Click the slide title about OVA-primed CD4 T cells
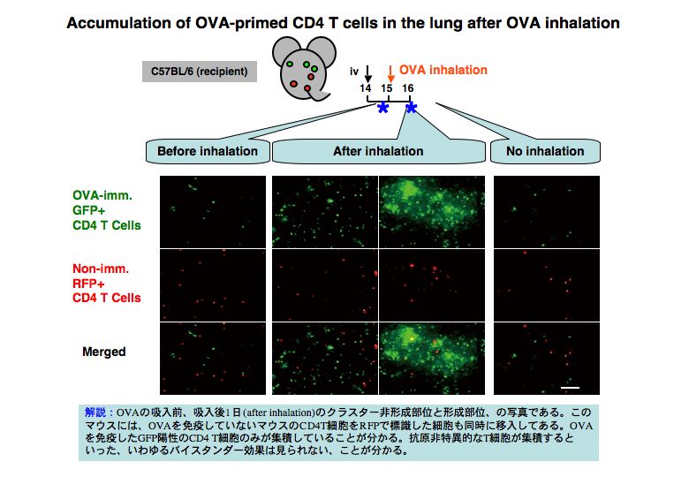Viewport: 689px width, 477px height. point(344,23)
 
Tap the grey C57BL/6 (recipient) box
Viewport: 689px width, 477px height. point(200,72)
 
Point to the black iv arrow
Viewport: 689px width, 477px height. point(368,74)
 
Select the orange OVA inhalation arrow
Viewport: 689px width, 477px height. point(390,74)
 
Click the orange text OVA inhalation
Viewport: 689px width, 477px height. point(443,70)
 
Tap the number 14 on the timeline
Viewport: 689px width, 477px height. point(365,88)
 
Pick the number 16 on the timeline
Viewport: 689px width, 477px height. point(408,88)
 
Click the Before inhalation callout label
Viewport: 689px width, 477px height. point(208,152)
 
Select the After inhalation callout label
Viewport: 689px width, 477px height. point(378,152)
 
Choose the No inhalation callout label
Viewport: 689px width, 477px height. point(545,152)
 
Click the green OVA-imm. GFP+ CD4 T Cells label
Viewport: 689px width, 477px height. point(107,210)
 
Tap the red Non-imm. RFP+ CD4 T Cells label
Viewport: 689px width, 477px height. point(107,284)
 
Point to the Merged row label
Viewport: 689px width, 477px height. point(104,352)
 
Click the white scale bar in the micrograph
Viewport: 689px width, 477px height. point(570,388)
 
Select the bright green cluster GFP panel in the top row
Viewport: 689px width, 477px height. point(432,212)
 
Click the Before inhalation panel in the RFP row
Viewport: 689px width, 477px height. point(213,285)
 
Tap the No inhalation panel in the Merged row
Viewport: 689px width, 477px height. point(547,359)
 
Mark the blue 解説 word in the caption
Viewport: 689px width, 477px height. point(96,413)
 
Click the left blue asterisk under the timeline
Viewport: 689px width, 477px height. point(383,108)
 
